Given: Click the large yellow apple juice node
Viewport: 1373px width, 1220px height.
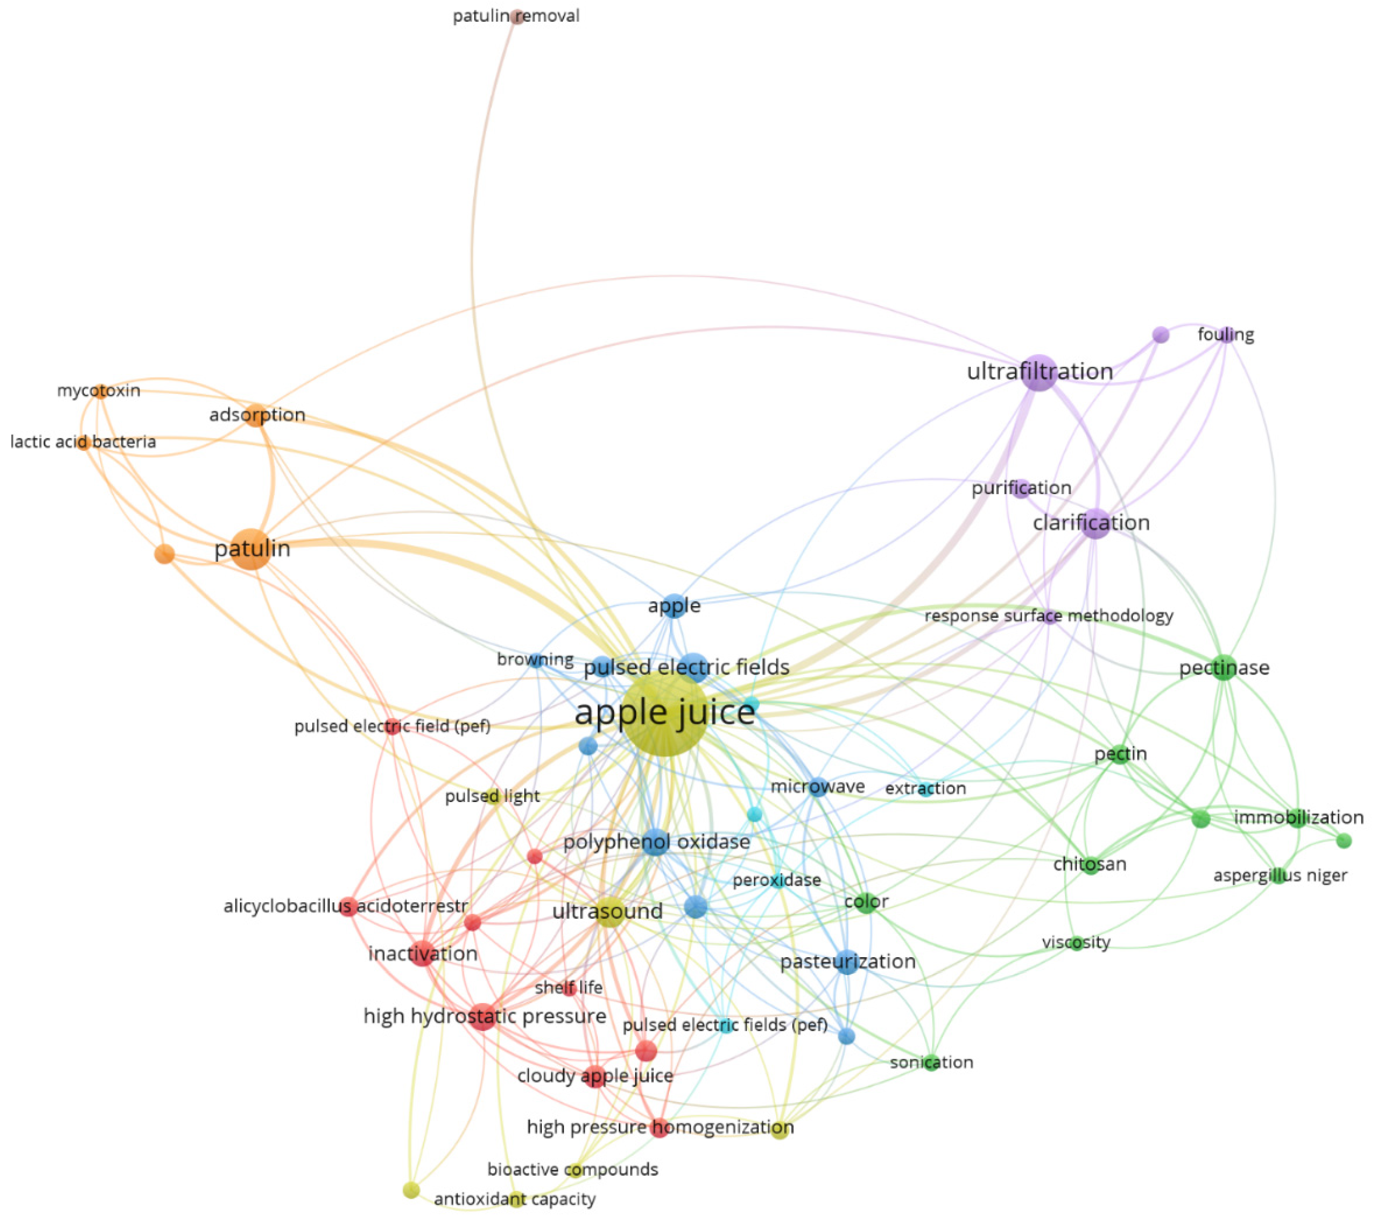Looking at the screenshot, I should click(x=664, y=715).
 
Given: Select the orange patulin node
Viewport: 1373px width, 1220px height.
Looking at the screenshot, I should click(x=251, y=549).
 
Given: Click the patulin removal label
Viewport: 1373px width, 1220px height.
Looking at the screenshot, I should click(x=516, y=16).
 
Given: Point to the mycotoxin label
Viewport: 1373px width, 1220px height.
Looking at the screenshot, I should click(x=99, y=390).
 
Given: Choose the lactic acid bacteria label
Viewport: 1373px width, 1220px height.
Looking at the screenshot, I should click(x=83, y=442).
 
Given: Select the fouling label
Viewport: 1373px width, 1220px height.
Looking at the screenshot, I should click(x=1225, y=335).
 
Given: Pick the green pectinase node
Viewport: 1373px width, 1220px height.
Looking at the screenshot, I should click(x=1224, y=668).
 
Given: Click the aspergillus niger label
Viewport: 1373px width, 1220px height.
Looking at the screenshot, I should click(x=1280, y=875).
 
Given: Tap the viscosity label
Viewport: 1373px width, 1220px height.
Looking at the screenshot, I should click(x=1076, y=942).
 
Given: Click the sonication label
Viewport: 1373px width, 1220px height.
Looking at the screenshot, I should click(x=931, y=1062).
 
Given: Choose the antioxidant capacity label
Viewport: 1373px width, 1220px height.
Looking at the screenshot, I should click(x=515, y=1199).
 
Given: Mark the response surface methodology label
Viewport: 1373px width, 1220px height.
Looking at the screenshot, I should click(x=1048, y=616).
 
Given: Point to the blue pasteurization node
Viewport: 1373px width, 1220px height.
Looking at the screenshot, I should click(x=847, y=962).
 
